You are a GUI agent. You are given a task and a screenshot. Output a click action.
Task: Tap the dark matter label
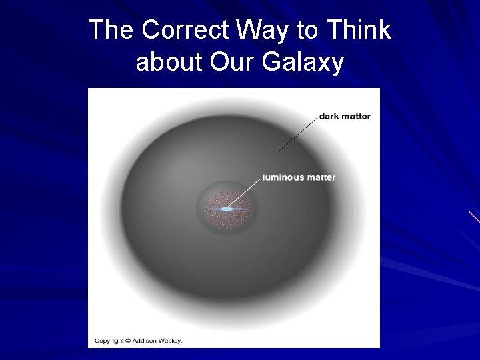pyautogui.click(x=345, y=117)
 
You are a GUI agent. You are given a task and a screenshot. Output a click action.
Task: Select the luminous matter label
pyautogui.click(x=299, y=177)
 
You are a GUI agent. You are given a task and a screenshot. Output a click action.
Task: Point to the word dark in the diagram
pyautogui.click(x=329, y=117)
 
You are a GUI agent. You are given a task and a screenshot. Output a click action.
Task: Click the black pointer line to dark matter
pyautogui.click(x=297, y=133)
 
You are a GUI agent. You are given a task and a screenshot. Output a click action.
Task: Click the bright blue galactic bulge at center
pyautogui.click(x=227, y=209)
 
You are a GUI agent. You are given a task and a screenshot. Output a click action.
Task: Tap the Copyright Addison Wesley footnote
pyautogui.click(x=138, y=341)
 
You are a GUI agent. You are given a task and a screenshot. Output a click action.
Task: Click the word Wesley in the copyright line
pyautogui.click(x=169, y=341)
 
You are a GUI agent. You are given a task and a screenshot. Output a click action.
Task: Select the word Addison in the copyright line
pyautogui.click(x=143, y=341)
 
